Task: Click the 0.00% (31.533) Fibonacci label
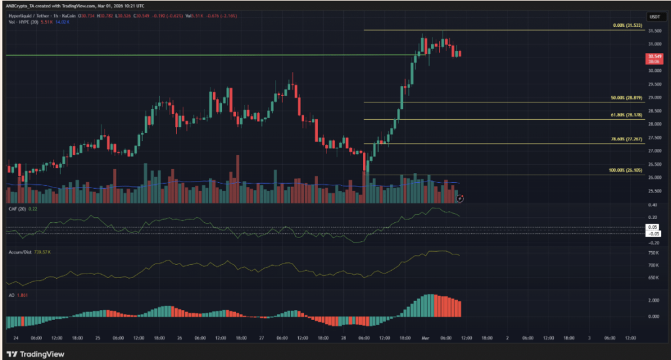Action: pyautogui.click(x=626, y=26)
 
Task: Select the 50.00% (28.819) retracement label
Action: pyautogui.click(x=626, y=98)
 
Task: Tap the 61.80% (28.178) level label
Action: pyautogui.click(x=626, y=115)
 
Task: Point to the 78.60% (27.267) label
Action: pyautogui.click(x=626, y=140)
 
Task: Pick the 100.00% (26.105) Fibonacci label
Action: pyautogui.click(x=626, y=170)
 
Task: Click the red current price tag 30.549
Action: pyautogui.click(x=655, y=56)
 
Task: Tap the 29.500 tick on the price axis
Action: pyautogui.click(x=655, y=84)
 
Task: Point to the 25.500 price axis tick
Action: pyautogui.click(x=655, y=191)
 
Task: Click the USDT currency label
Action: pyautogui.click(x=655, y=17)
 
